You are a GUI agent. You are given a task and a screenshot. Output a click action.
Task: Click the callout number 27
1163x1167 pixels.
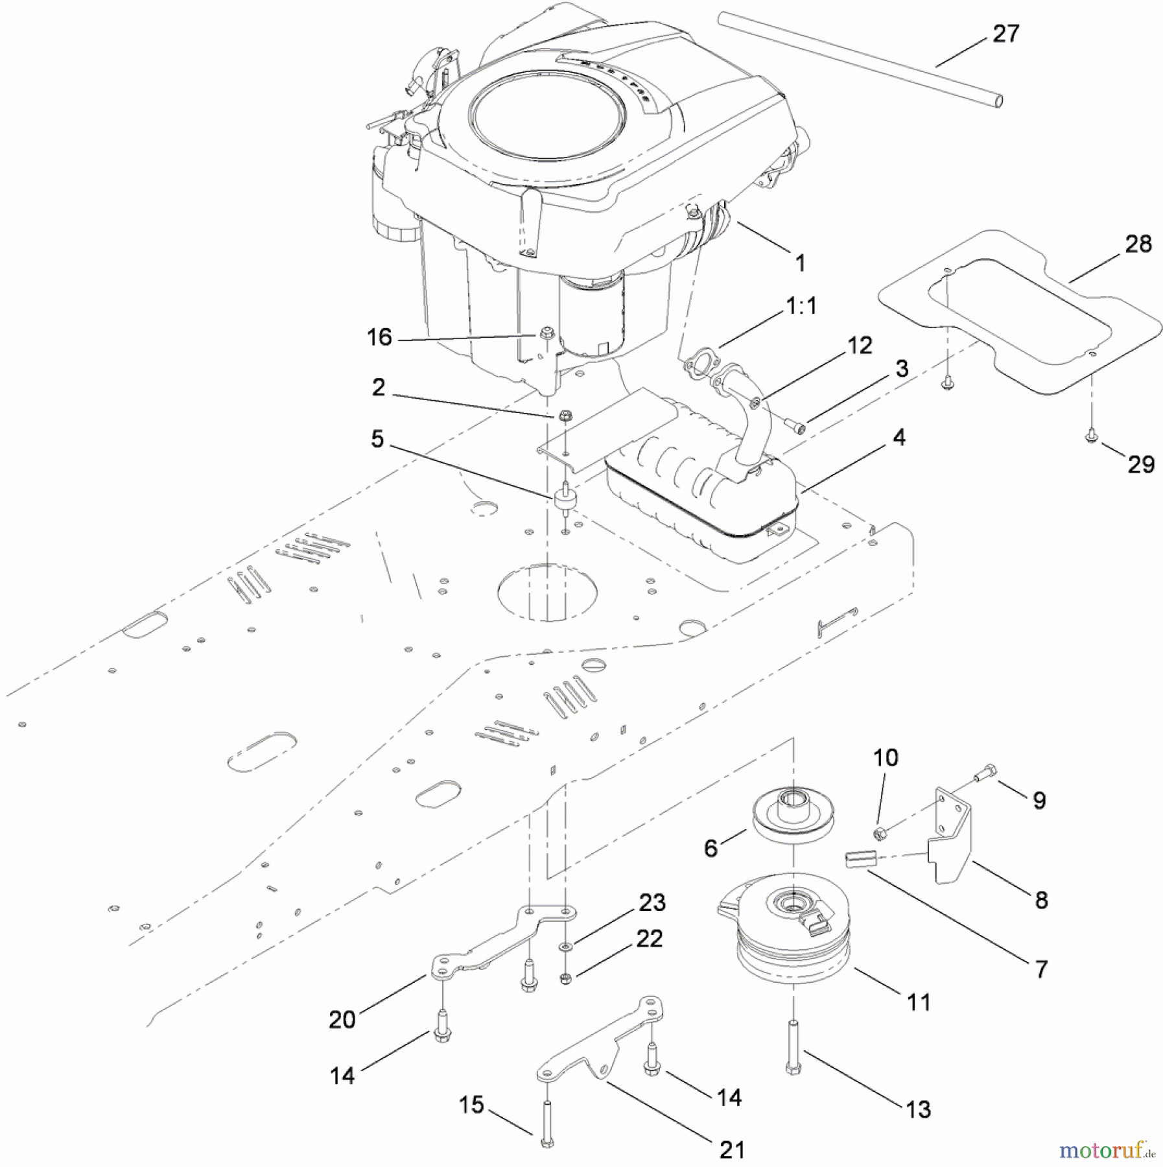tap(1005, 34)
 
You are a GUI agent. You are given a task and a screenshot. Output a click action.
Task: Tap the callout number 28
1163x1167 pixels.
tap(1138, 244)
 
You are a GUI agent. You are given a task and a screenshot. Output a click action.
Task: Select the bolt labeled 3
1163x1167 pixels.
tap(795, 425)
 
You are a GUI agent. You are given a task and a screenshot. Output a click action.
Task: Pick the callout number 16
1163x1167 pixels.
tap(379, 337)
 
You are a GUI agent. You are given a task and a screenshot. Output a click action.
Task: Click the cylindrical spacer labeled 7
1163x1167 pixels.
tap(860, 859)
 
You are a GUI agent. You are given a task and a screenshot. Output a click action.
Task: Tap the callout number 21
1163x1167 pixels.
tap(732, 1149)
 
